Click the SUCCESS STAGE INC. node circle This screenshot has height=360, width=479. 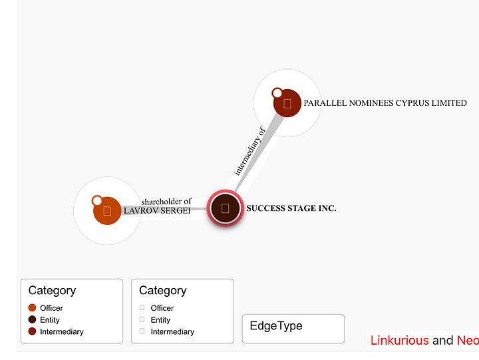[225, 208]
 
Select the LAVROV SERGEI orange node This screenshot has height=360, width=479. [107, 211]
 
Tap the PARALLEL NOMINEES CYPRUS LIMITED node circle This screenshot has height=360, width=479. [287, 103]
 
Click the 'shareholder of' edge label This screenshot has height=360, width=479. [166, 202]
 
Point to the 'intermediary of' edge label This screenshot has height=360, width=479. [249, 151]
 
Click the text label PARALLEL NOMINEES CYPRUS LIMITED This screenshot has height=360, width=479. [385, 103]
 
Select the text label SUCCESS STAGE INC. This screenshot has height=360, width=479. [291, 208]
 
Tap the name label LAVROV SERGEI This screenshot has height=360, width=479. [157, 211]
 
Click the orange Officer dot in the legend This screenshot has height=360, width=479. [32, 308]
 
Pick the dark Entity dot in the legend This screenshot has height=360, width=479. [32, 320]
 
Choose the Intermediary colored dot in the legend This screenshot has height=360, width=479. [32, 331]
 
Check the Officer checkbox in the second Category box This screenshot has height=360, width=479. [142, 308]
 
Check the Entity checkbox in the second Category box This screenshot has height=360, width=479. [142, 320]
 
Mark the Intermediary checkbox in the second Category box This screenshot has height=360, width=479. [142, 331]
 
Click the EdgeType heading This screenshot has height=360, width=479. [276, 326]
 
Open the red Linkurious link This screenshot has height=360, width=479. [399, 341]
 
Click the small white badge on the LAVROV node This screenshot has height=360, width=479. [97, 200]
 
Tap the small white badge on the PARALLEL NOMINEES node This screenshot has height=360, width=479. [277, 93]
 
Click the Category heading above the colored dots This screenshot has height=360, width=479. [52, 290]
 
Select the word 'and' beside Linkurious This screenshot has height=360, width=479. [442, 341]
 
